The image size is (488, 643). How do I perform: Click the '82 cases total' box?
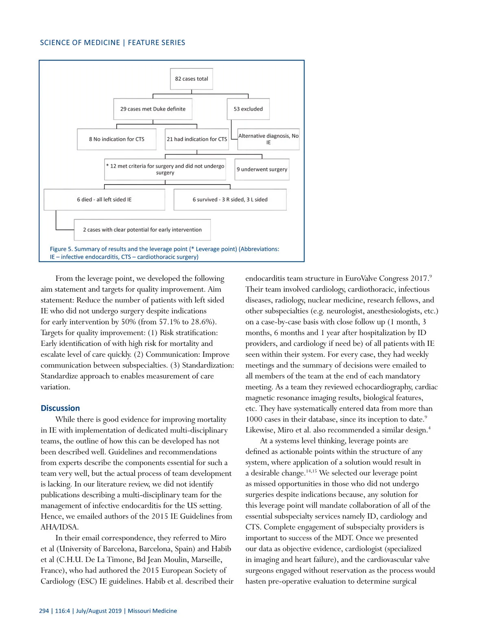click(191, 79)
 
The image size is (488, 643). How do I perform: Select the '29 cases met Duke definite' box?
click(152, 109)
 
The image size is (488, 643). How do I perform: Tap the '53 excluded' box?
click(248, 109)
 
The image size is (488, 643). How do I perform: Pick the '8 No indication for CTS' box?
click(117, 139)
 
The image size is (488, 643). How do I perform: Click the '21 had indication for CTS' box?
click(197, 139)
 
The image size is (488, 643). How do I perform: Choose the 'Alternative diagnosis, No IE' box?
click(268, 139)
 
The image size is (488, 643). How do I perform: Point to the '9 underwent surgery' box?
click(262, 169)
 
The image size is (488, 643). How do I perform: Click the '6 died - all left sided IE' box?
click(104, 200)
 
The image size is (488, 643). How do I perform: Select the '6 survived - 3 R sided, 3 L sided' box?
click(230, 200)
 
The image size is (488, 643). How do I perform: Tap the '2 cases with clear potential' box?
click(142, 230)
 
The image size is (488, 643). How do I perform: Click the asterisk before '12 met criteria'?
click(107, 166)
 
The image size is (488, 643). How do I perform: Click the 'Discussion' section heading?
click(60, 408)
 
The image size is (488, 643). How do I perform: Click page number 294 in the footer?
click(44, 611)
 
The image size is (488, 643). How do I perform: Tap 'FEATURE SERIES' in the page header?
click(156, 43)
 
